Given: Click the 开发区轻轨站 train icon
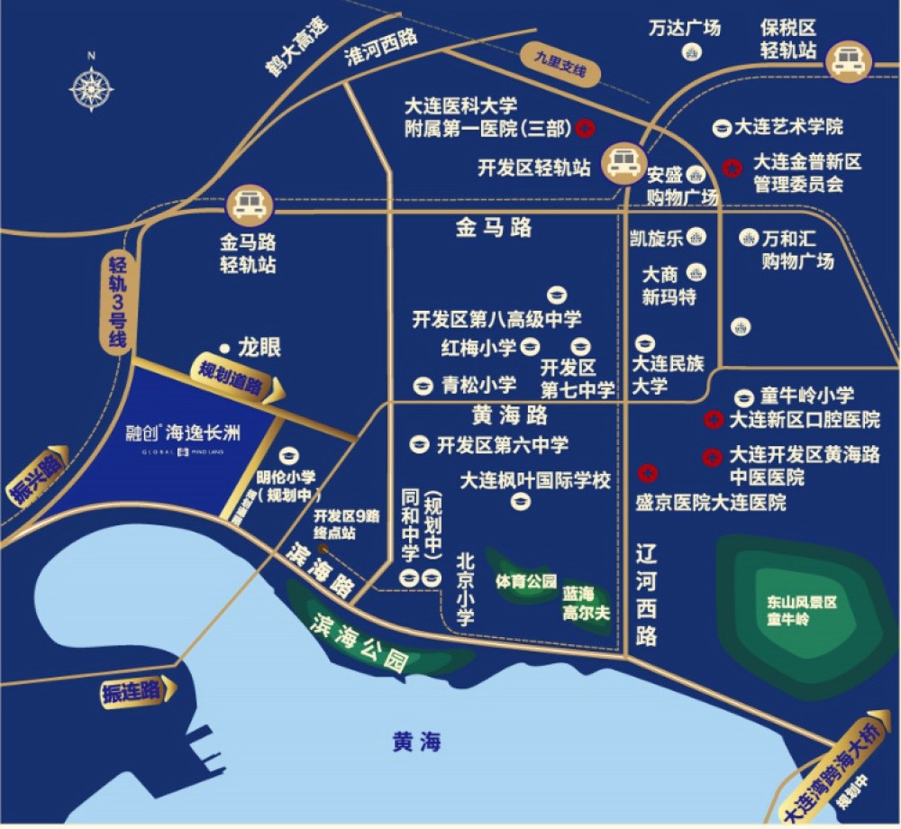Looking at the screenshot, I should (623, 163).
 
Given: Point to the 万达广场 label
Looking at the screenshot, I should (685, 28).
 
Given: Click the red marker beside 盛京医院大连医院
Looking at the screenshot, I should (646, 473).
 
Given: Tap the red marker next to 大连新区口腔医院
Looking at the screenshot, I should (713, 419).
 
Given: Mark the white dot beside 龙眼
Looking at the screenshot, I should (223, 345).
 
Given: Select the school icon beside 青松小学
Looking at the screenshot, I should (420, 386).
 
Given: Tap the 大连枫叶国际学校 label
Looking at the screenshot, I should (535, 479).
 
